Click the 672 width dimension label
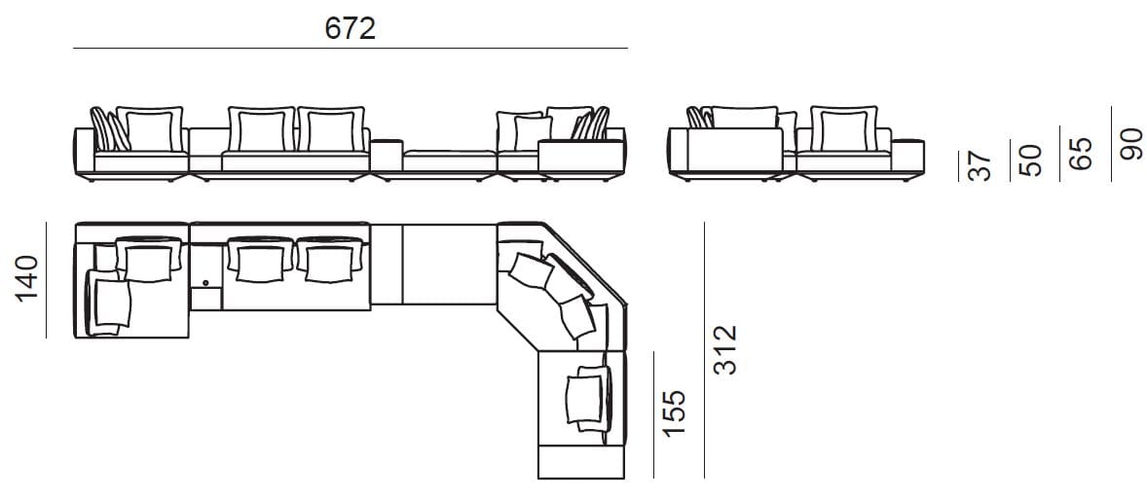tap(350, 29)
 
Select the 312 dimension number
tap(724, 350)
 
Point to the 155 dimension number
tap(674, 412)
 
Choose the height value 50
tap(1030, 159)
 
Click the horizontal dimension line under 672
tap(350, 48)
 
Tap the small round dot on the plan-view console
tap(205, 284)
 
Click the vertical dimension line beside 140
tap(46, 280)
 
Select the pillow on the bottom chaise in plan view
tap(586, 397)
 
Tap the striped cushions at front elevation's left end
tap(105, 130)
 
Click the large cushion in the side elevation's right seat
tap(841, 129)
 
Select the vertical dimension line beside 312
tap(704, 350)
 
